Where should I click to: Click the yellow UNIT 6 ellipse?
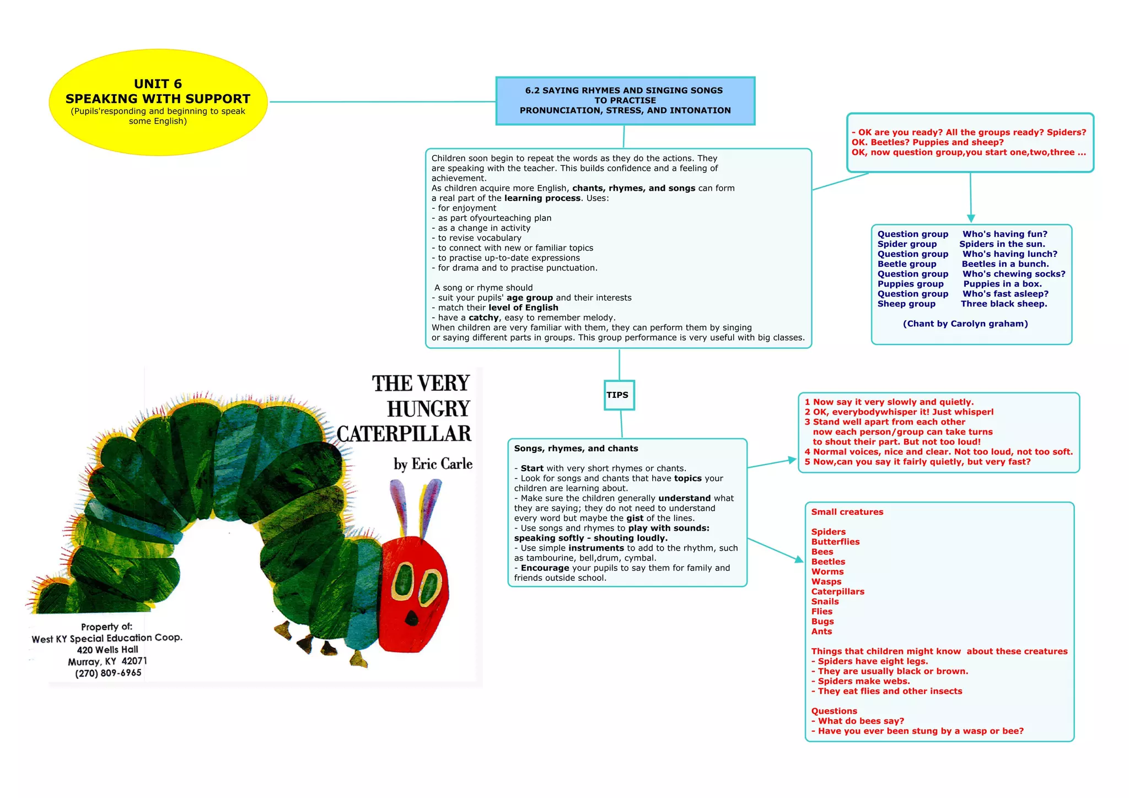[158, 102]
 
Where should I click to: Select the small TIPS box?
[619, 395]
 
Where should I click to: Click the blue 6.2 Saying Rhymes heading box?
[625, 100]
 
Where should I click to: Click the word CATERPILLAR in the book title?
[404, 434]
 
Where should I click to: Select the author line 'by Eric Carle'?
[433, 464]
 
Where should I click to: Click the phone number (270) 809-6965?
[108, 673]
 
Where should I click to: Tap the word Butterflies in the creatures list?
[835, 542]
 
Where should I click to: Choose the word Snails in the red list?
[825, 601]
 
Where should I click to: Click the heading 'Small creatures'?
[847, 512]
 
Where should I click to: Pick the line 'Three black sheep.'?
[1004, 304]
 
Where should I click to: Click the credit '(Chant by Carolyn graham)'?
[965, 323]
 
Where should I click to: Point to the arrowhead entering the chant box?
[971, 218]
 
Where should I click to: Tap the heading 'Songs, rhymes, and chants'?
[576, 449]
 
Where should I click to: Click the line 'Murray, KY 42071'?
[107, 661]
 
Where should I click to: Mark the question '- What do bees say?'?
[858, 721]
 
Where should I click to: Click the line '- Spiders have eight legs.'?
[869, 661]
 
